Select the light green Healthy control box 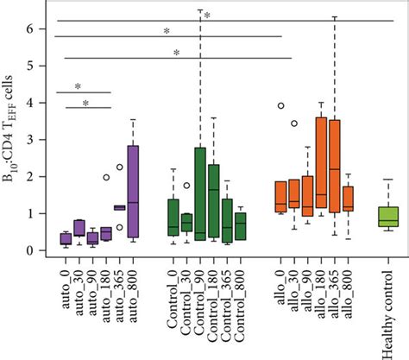click(x=388, y=216)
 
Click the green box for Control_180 click(x=214, y=199)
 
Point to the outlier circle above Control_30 click(x=187, y=186)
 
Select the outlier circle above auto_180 click(x=106, y=178)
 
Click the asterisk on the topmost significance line click(x=207, y=15)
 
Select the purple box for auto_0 click(x=65, y=238)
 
